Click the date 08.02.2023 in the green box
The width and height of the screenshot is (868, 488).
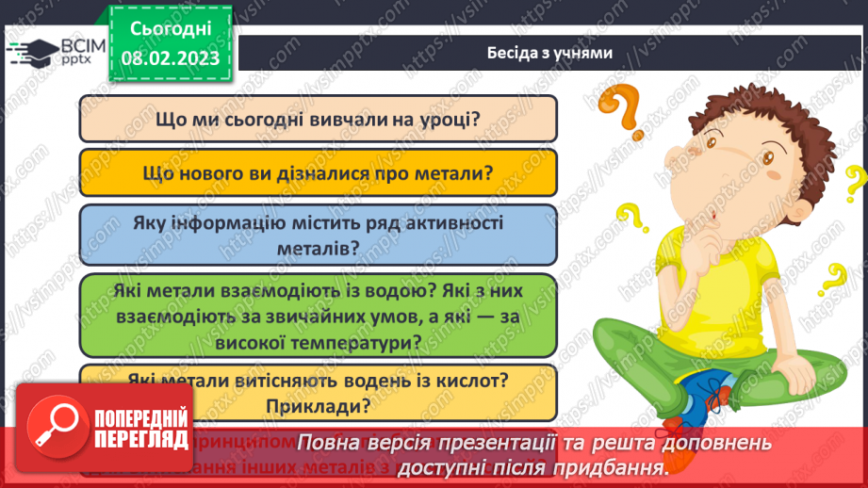tap(171, 58)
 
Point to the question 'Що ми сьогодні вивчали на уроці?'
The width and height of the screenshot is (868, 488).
tap(318, 120)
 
